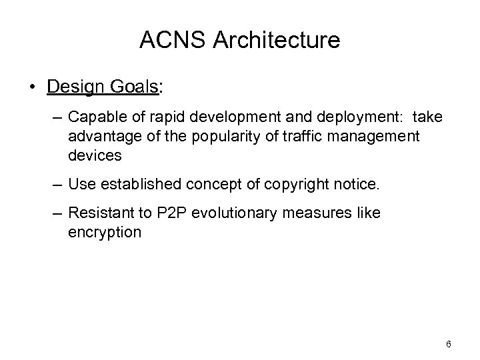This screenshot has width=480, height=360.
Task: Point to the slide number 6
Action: click(449, 344)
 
